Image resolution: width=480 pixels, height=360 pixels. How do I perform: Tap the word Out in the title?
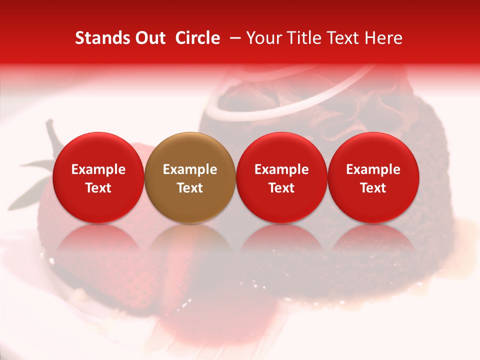(149, 38)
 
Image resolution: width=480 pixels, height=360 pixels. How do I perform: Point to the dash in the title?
(233, 38)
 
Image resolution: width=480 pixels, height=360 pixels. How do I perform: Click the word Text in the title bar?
(345, 38)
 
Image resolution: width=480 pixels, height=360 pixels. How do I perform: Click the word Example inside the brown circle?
(190, 169)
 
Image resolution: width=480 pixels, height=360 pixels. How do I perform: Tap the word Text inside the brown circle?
(190, 188)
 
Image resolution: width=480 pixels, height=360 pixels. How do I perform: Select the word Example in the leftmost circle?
(98, 169)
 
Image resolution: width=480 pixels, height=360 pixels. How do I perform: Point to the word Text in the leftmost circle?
(98, 188)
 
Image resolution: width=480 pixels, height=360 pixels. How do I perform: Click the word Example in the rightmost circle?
(373, 169)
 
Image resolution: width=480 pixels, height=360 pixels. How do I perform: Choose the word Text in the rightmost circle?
(373, 188)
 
